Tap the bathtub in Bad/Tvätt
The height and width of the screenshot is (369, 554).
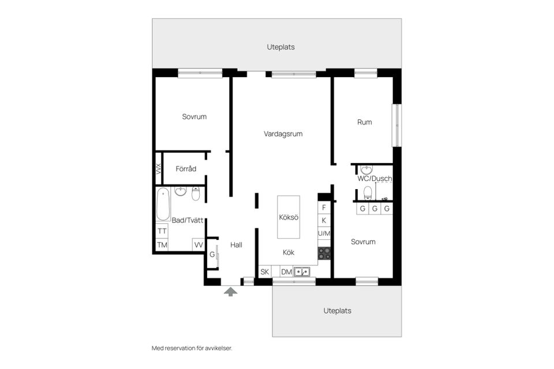pos(163,205)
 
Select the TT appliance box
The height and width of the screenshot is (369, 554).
pos(162,231)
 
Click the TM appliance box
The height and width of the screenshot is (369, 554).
pos(162,245)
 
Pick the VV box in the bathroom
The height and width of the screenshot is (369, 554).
pos(199,245)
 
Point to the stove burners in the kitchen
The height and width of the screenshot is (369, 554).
pos(324,253)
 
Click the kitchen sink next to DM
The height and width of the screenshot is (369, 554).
pos(302,272)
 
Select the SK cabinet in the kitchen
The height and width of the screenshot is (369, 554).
pos(265,272)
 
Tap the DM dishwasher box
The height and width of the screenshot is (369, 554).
pos(286,272)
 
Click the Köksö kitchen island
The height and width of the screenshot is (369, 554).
pos(288,217)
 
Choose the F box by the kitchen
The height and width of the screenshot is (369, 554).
pos(324,207)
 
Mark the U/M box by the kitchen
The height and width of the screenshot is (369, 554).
pos(324,234)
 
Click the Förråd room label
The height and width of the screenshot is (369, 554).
pos(186,169)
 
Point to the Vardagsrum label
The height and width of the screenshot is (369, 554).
pos(283,134)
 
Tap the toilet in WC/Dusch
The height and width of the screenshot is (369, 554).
pos(368,191)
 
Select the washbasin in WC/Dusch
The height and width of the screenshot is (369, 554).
pos(366,170)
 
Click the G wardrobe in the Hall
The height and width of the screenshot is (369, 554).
pos(212,254)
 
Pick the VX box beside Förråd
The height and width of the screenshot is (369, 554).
pos(158,169)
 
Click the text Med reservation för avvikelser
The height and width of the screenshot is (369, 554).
pos(192,348)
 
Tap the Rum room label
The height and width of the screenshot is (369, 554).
pos(365,122)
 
